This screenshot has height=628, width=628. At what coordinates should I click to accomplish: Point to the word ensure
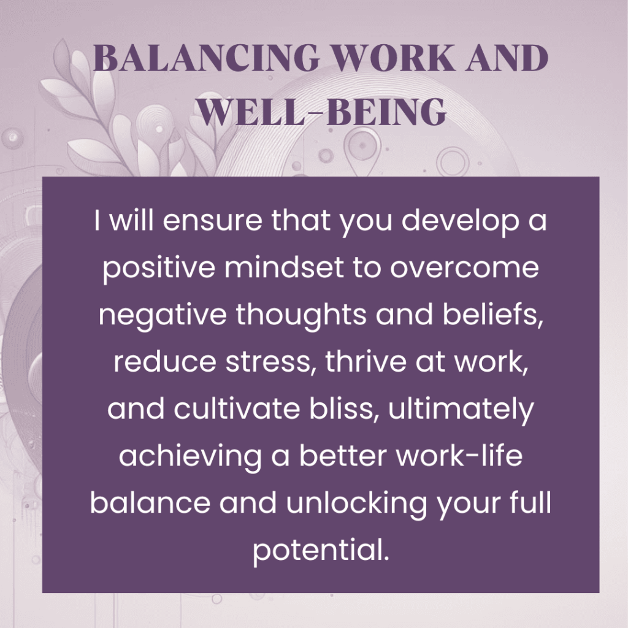click(205, 221)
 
